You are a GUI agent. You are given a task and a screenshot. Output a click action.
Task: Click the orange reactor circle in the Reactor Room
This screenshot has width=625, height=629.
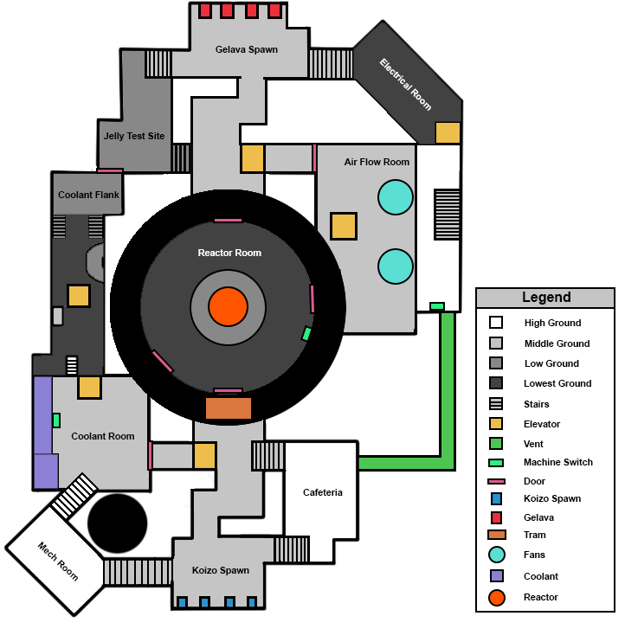click(x=228, y=307)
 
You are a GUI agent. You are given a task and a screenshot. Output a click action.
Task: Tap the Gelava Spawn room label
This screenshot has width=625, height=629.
click(x=247, y=49)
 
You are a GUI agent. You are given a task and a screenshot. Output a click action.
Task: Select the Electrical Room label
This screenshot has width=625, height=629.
click(x=405, y=84)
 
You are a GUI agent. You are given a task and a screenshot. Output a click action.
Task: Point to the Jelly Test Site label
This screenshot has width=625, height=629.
click(x=134, y=136)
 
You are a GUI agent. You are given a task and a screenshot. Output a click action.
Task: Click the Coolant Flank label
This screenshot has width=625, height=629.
click(x=88, y=195)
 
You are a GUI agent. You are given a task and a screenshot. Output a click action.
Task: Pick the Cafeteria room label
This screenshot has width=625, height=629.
click(x=323, y=492)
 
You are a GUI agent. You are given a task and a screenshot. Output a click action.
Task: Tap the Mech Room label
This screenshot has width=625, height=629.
click(x=58, y=561)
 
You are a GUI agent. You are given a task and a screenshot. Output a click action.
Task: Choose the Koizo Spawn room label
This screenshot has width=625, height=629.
click(x=222, y=570)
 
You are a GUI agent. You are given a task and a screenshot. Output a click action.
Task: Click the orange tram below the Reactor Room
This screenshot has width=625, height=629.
click(x=229, y=408)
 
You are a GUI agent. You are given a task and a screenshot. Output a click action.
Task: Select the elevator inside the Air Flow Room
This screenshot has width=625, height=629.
click(x=344, y=226)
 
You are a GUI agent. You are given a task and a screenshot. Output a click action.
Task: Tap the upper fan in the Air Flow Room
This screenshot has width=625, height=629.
click(x=396, y=197)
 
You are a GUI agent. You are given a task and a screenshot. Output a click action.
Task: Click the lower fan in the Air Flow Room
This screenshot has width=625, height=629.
click(x=396, y=266)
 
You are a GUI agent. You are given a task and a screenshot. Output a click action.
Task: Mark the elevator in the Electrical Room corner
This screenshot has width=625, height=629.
click(x=448, y=132)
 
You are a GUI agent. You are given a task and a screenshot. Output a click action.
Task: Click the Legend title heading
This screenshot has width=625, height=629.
click(x=546, y=298)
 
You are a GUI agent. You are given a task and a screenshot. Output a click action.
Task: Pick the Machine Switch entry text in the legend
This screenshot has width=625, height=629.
click(x=558, y=462)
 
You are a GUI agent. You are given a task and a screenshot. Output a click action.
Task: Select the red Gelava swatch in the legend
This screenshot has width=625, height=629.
click(x=496, y=517)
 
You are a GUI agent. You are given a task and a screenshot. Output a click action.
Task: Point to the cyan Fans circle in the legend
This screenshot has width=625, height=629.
click(x=496, y=555)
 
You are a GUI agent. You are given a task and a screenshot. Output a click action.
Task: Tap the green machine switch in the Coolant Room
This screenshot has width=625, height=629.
click(x=56, y=420)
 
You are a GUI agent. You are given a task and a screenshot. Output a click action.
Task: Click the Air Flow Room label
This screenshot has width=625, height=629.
click(x=377, y=162)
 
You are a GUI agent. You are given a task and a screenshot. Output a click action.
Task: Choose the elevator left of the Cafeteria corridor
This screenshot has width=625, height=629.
click(x=204, y=456)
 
